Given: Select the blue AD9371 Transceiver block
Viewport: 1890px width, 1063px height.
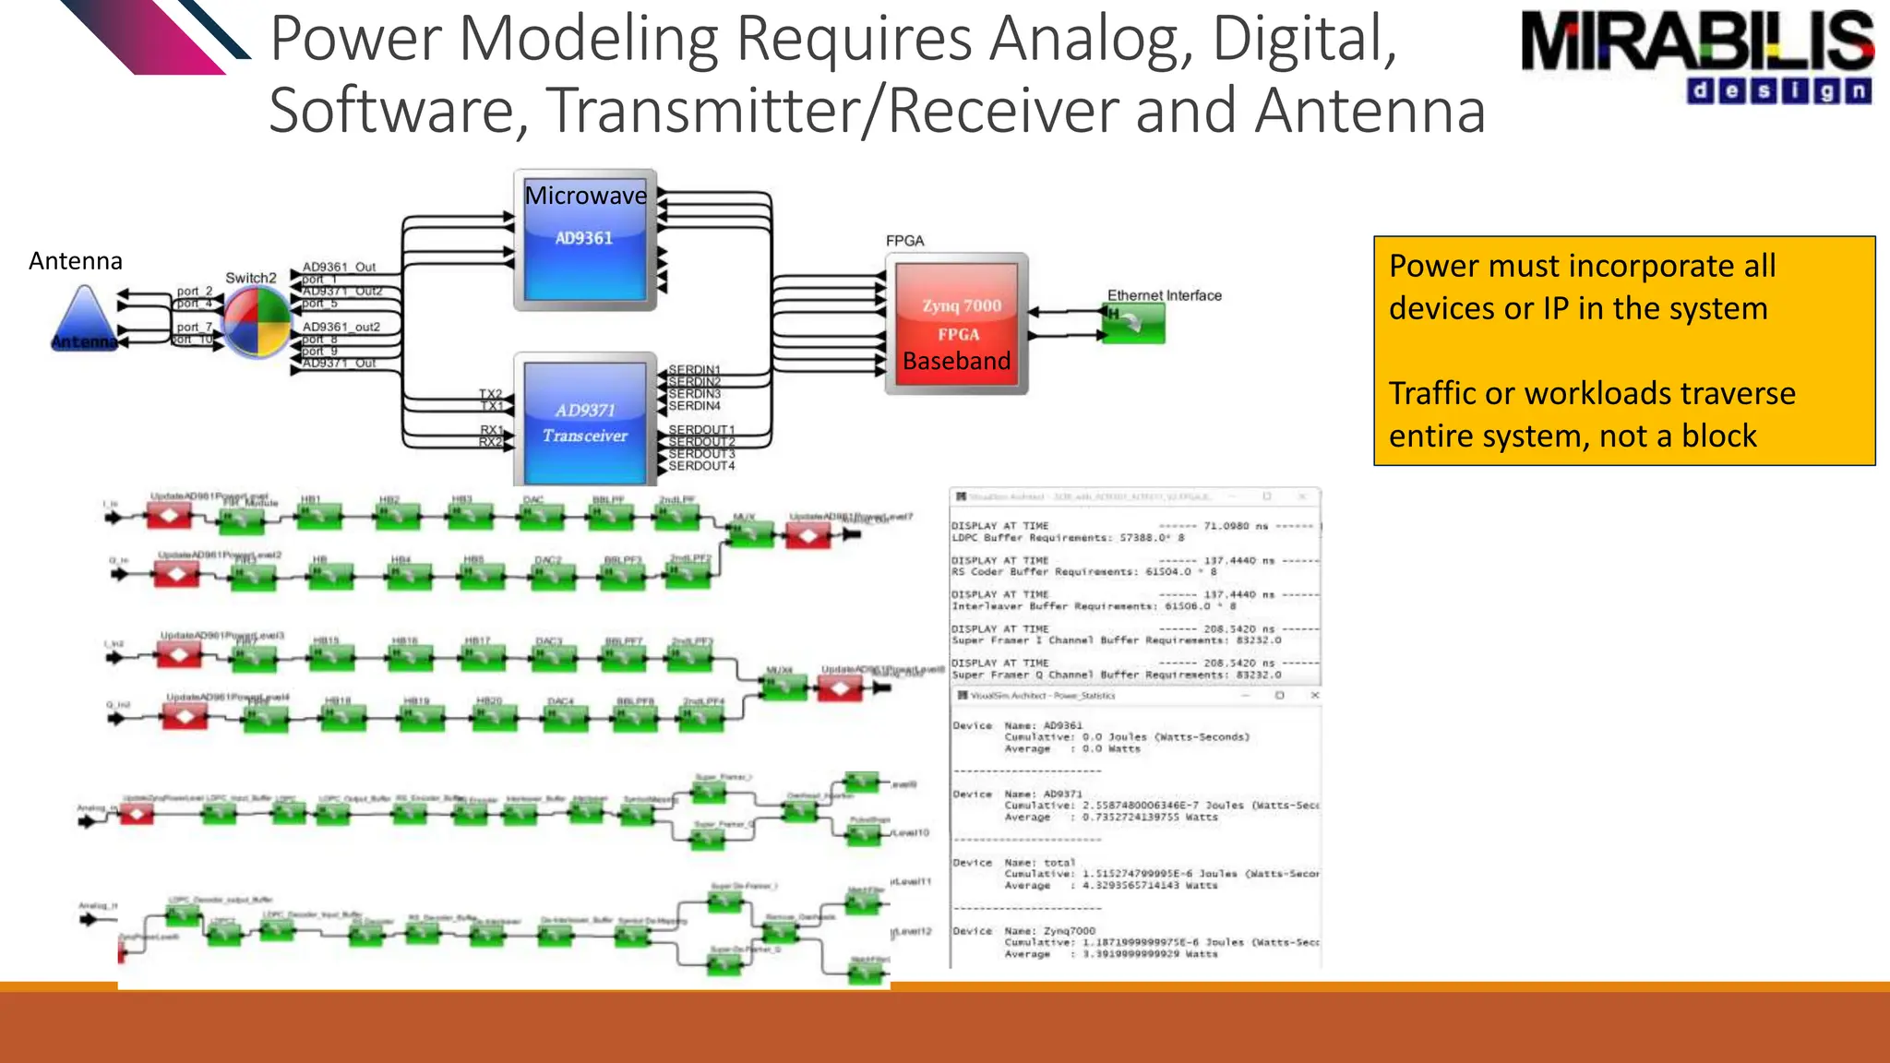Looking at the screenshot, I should click(x=585, y=422).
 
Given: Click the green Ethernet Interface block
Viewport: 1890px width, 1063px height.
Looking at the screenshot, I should click(x=1133, y=322).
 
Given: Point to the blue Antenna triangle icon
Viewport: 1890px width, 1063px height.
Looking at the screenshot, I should click(x=84, y=318).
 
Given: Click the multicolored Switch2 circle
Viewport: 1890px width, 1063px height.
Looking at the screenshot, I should click(x=257, y=321).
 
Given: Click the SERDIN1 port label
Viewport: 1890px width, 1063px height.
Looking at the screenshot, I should click(x=694, y=370).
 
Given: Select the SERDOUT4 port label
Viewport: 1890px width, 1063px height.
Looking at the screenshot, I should click(x=701, y=466).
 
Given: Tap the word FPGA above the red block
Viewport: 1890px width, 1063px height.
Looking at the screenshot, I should click(x=904, y=241).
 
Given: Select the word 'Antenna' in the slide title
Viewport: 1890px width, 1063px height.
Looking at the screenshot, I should click(x=1370, y=110).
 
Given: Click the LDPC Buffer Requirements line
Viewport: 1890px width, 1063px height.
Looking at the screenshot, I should click(x=1067, y=538).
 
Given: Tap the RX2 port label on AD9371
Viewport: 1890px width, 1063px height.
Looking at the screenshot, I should click(x=490, y=442).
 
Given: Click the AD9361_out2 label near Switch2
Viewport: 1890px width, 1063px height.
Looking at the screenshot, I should click(x=341, y=327).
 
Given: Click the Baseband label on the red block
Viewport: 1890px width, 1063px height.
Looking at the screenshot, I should click(x=957, y=361).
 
